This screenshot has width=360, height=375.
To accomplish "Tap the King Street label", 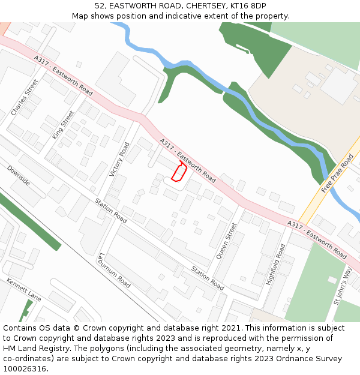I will [x=63, y=125].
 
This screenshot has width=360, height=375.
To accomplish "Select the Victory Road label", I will [x=119, y=159].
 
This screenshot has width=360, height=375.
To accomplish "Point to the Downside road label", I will [x=19, y=176].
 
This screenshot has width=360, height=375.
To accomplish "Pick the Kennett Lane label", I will [x=24, y=290].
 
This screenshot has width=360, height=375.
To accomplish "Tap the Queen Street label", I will [x=227, y=240].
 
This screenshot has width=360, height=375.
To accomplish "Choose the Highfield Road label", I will [x=276, y=264].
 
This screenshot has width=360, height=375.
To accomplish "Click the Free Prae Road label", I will [x=337, y=173].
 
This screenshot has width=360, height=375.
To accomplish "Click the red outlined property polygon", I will [x=179, y=172].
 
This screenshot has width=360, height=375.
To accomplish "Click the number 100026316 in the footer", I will [x=25, y=368].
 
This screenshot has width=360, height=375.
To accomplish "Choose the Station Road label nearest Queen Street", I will [x=208, y=278].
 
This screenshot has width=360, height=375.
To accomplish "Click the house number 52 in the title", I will [x=100, y=5].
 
